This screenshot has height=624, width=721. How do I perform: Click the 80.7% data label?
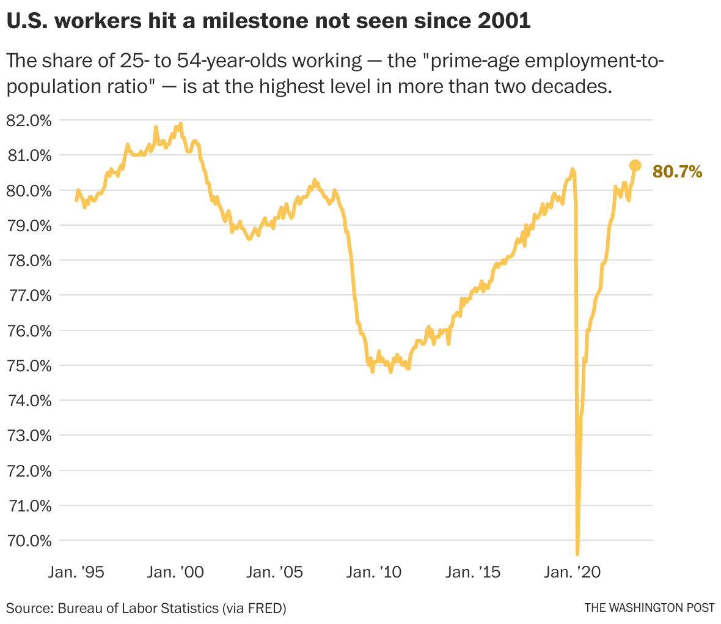coord(677,172)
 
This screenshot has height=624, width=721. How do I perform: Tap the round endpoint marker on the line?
coord(635,165)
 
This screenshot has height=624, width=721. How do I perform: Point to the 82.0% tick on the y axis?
coord(28,121)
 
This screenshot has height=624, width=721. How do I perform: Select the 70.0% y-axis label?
coord(28,541)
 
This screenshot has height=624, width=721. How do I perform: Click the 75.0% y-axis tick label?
coord(28,366)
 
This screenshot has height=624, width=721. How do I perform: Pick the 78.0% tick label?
coord(28,261)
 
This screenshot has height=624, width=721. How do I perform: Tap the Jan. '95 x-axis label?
coord(76,573)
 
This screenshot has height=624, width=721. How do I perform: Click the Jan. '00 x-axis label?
coord(176,573)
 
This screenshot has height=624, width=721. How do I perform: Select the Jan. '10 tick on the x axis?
coord(374,573)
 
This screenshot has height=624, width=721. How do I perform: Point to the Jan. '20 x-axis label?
coord(573,573)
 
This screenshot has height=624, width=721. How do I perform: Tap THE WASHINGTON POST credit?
coord(649,608)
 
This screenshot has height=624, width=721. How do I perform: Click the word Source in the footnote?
coord(29,609)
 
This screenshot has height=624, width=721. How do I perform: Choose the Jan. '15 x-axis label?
coord(473,573)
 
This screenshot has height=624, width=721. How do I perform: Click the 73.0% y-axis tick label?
coord(28,436)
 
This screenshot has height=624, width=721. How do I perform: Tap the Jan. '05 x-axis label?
coord(275,573)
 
